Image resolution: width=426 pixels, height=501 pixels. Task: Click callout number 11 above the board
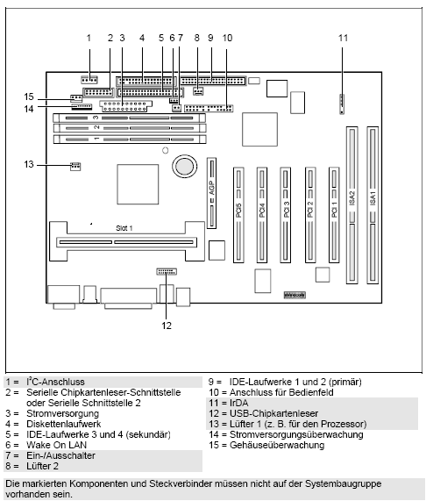coord(343,38)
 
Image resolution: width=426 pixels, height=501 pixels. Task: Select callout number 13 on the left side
coord(29,164)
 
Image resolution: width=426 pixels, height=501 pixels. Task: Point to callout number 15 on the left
coord(29,97)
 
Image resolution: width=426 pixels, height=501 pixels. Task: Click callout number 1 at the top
coord(89,38)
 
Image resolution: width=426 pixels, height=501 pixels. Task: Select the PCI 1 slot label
coord(333,210)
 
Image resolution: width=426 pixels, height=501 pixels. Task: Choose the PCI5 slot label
coord(237,210)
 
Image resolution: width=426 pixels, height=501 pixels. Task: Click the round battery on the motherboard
coord(185,165)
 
